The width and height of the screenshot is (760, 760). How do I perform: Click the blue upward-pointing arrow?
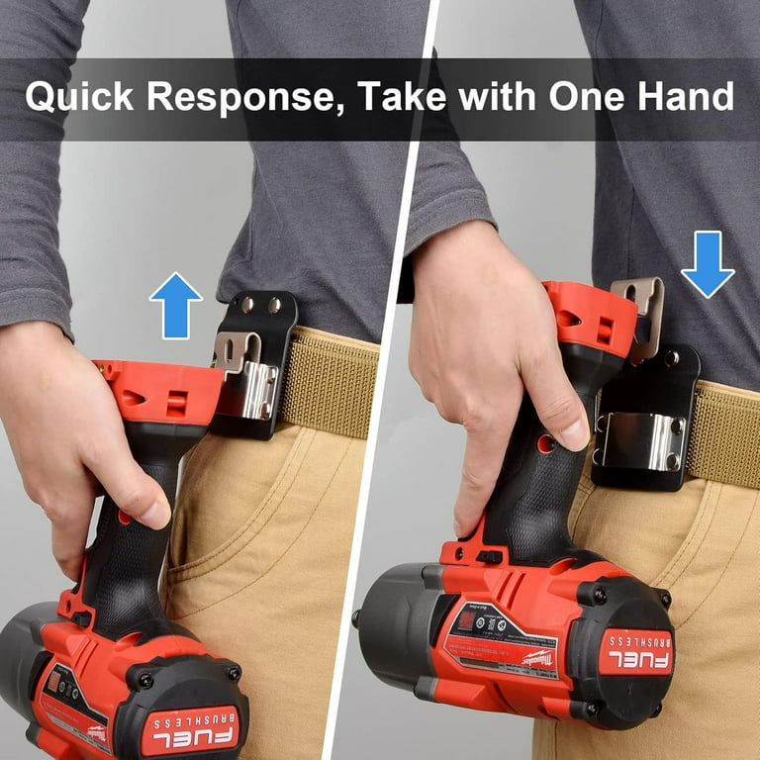pyautogui.click(x=175, y=306)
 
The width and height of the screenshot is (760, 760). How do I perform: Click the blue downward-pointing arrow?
pyautogui.click(x=707, y=263)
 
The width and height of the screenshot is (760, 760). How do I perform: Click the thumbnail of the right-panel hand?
pyautogui.click(x=575, y=430)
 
